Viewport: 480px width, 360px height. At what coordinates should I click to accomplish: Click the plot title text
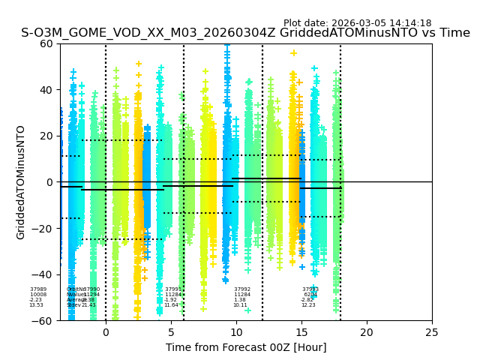tap(245, 33)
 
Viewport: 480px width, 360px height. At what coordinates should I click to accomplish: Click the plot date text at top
tap(357, 23)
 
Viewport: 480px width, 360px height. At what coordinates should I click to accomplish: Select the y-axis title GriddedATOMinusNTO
tap(21, 182)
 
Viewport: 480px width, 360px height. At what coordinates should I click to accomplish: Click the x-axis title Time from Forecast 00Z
tap(246, 347)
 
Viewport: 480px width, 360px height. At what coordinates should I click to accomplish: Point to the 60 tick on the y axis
tap(49, 43)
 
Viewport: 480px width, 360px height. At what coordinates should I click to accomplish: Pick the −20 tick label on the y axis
tap(46, 229)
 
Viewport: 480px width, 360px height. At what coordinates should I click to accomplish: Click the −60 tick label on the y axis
tap(46, 321)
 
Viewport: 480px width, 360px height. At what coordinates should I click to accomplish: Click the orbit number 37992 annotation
tap(241, 289)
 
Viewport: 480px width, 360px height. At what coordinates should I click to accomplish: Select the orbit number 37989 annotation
tap(38, 289)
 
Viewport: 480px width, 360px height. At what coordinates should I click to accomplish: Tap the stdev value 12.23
tap(309, 305)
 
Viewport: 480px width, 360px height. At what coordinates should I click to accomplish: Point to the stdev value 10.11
tap(240, 305)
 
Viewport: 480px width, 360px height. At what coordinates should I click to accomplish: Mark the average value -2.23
tap(36, 300)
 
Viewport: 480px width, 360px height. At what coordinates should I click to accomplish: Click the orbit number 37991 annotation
tap(173, 289)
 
